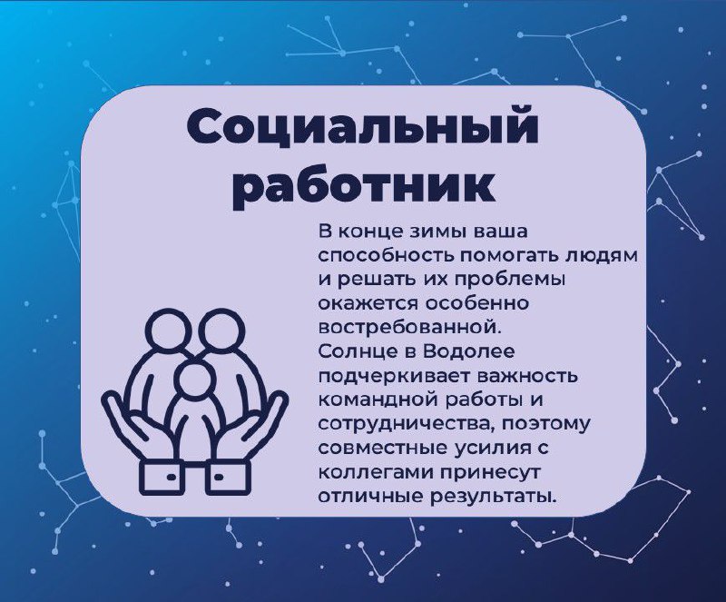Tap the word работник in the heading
click(x=362, y=187)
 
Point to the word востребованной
click(x=410, y=327)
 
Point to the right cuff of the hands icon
click(x=229, y=477)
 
